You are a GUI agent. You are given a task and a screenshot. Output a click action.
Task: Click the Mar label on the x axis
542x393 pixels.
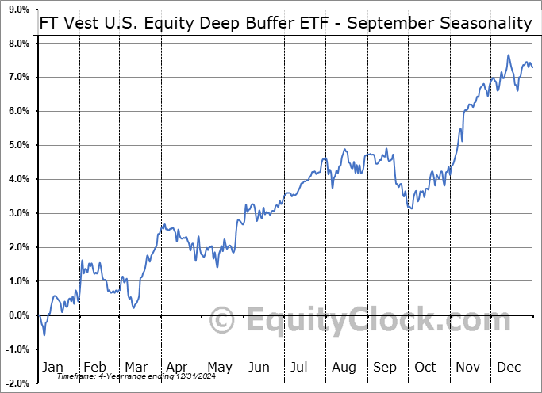click(135, 367)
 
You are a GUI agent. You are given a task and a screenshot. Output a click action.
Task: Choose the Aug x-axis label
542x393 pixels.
click(344, 367)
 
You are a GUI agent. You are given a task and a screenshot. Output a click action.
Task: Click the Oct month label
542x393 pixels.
click(426, 367)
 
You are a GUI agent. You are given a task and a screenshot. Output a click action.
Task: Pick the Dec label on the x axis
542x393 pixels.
click(509, 367)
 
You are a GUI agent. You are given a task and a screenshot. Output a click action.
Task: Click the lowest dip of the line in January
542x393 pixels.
click(44, 334)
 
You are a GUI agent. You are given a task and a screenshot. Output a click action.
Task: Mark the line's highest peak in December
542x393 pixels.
click(508, 55)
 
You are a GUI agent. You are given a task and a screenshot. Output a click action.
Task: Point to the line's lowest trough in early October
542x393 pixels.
click(409, 208)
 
